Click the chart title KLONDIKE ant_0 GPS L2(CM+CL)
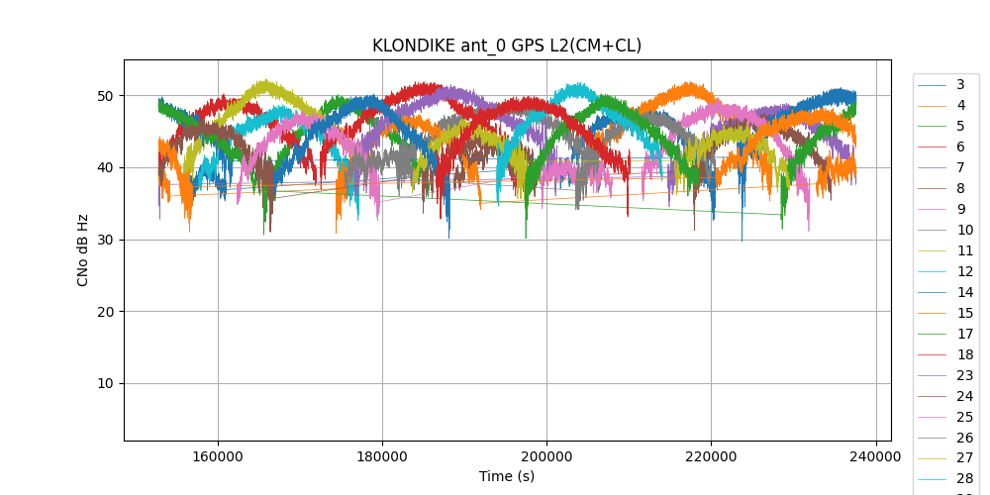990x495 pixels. (x=506, y=46)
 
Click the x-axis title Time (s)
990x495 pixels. (x=507, y=476)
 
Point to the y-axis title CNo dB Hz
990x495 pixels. (x=83, y=249)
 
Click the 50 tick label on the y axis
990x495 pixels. (x=104, y=96)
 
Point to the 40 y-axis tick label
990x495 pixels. (x=104, y=167)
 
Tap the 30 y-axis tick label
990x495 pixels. (x=104, y=240)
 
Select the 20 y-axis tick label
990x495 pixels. (x=104, y=312)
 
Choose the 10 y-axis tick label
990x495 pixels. (x=104, y=384)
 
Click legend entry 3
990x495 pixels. (x=960, y=84)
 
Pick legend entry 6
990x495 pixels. (x=960, y=147)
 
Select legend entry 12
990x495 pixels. (x=964, y=271)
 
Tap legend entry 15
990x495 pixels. (x=964, y=313)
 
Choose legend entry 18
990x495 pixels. (x=964, y=354)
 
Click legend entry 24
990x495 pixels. (x=964, y=396)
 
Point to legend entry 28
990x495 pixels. (x=964, y=479)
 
